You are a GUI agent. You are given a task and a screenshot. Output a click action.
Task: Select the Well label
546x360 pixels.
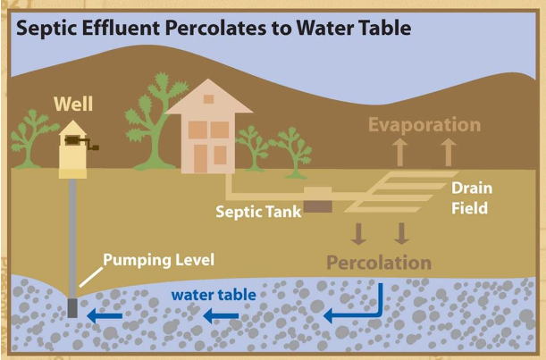73,103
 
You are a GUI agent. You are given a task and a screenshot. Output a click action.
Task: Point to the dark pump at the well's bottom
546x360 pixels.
72,309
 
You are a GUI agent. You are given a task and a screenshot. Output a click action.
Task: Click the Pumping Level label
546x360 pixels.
159,261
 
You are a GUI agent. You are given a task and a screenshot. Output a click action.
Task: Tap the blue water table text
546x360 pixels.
214,294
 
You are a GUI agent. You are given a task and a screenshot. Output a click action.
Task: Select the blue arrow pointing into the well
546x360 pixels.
104,314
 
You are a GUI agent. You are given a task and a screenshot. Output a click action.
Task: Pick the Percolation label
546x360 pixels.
379,263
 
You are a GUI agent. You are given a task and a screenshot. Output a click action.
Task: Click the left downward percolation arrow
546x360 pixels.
358,233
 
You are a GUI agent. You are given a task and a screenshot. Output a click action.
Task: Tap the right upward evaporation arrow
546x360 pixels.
448,151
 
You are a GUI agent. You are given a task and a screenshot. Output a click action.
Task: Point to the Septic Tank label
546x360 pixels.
258,213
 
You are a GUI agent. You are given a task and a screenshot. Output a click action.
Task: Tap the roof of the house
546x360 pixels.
210,98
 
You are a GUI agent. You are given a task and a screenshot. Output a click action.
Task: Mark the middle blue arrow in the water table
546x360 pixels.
220,315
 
